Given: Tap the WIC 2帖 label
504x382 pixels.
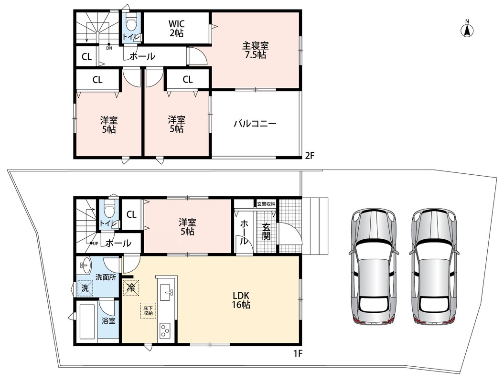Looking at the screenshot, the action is point(176,28).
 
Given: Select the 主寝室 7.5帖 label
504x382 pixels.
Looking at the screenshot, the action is point(256,50).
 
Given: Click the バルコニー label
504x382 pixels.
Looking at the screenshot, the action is point(255,124).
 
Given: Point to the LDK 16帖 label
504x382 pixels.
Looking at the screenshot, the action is point(241,300).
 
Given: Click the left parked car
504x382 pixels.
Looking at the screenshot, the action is point(372,266).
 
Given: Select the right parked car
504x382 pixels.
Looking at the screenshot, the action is point(434,266).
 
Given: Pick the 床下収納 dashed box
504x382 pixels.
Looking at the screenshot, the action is point(148,310).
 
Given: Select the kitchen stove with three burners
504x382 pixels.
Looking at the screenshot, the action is point(164,330).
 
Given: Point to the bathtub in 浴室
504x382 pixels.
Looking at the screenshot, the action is point(87,321).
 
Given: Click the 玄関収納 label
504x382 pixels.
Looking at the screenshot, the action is point(266,204).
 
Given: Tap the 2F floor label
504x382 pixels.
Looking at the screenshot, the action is point(309,156).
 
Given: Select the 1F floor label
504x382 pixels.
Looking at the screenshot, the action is point(298,353).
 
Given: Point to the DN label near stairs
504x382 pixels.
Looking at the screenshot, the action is point(109,48).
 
